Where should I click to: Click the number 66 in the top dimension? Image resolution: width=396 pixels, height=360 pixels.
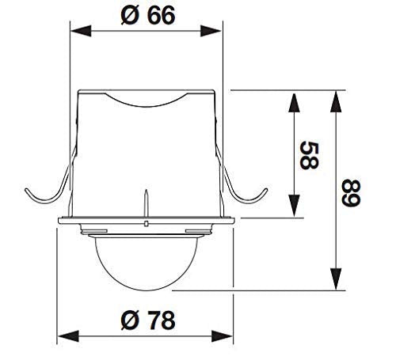pos(160,15)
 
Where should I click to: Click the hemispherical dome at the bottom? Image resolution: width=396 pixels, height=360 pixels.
pos(147,265)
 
